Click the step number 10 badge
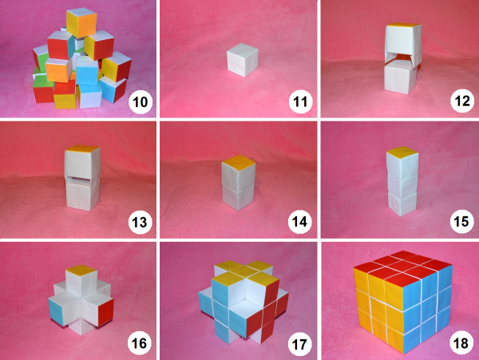click(x=141, y=102)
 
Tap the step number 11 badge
click(x=301, y=102)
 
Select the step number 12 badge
click(x=462, y=101)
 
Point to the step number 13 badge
click(x=140, y=222)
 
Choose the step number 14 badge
click(x=299, y=222)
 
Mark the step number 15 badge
click(x=461, y=222)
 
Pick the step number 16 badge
click(x=139, y=343)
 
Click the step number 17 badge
click(x=299, y=344)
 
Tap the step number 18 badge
click(x=461, y=343)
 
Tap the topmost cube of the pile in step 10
click(x=81, y=22)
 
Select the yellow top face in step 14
click(x=238, y=163)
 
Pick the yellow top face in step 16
click(x=81, y=271)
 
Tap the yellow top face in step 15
click(x=402, y=152)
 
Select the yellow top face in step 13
click(x=82, y=148)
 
